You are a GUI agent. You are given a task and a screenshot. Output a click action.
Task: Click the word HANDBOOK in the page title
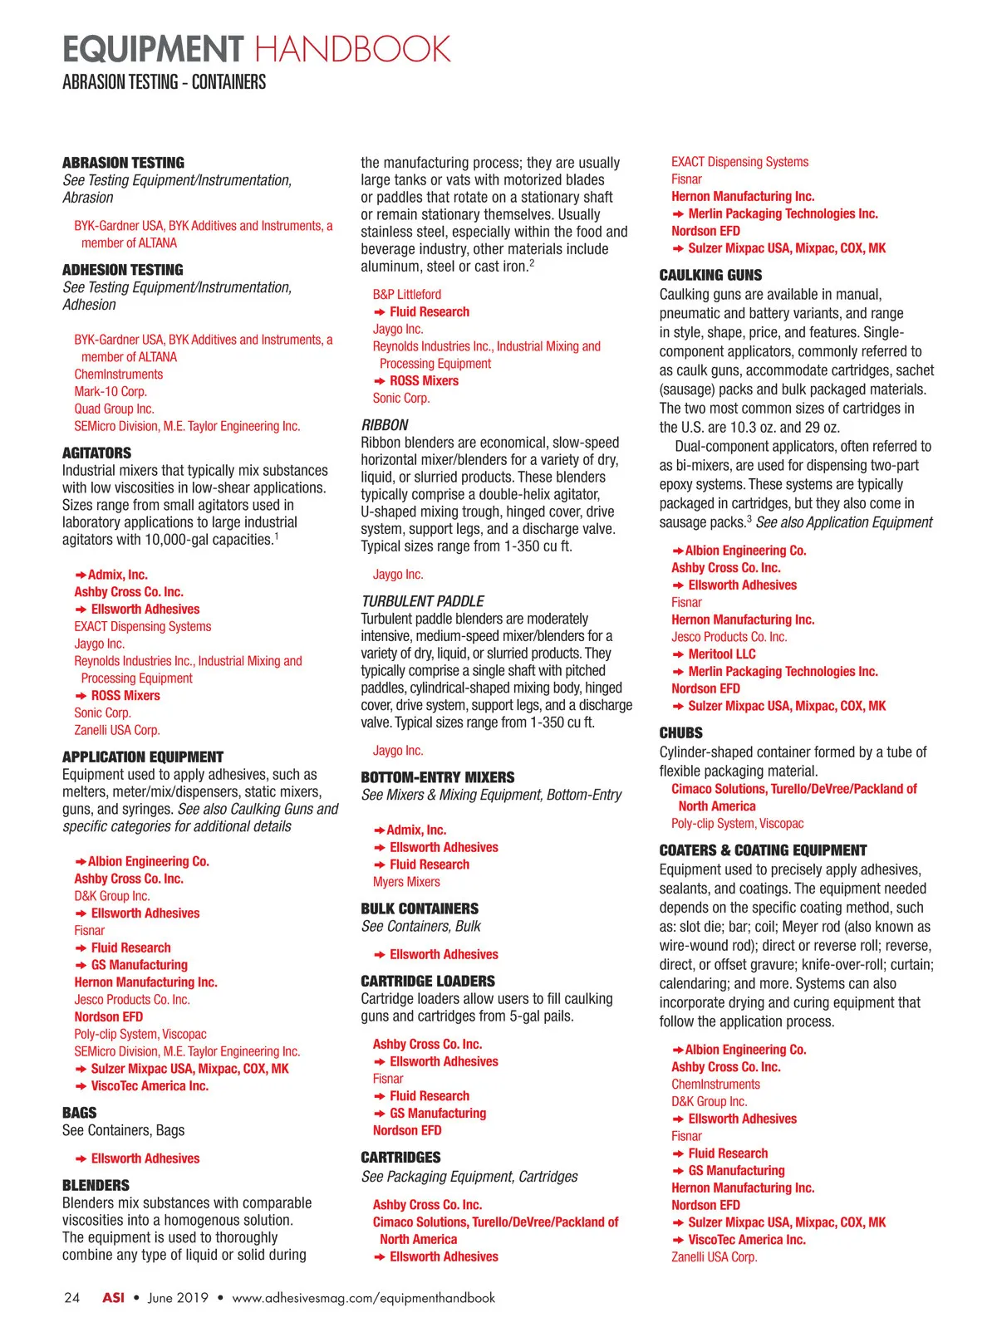click(352, 49)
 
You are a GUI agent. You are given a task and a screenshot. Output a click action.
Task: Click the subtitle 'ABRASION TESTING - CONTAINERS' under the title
click(164, 82)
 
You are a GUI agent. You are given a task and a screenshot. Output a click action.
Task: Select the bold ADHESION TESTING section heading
click(122, 270)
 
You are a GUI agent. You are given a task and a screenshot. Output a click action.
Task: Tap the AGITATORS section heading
click(96, 453)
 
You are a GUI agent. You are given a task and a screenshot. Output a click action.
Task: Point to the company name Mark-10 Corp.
click(110, 391)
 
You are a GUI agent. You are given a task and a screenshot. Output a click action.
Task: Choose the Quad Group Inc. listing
click(114, 409)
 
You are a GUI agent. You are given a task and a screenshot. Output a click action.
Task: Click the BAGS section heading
click(79, 1113)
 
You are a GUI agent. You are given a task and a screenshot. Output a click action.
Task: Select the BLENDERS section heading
click(96, 1185)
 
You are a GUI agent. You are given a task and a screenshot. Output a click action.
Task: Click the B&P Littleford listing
click(406, 294)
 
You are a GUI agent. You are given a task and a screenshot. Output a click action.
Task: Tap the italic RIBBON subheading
click(385, 424)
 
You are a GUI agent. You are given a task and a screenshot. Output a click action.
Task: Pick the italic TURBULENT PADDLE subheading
click(422, 600)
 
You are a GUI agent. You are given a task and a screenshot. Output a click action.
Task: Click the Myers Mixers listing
click(406, 882)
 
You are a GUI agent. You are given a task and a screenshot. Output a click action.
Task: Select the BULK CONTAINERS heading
click(420, 908)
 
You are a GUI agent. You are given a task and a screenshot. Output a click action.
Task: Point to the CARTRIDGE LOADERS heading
click(427, 981)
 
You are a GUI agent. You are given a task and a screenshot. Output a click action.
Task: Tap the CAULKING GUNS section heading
click(710, 275)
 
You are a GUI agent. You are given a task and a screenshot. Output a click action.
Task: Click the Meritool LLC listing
click(721, 654)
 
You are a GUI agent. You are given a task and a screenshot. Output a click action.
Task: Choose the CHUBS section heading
click(680, 733)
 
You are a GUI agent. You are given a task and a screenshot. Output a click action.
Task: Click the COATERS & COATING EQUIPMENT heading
click(763, 850)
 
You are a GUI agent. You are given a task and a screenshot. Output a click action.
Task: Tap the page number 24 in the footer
click(72, 1298)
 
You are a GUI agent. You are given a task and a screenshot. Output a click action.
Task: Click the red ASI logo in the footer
click(113, 1298)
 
